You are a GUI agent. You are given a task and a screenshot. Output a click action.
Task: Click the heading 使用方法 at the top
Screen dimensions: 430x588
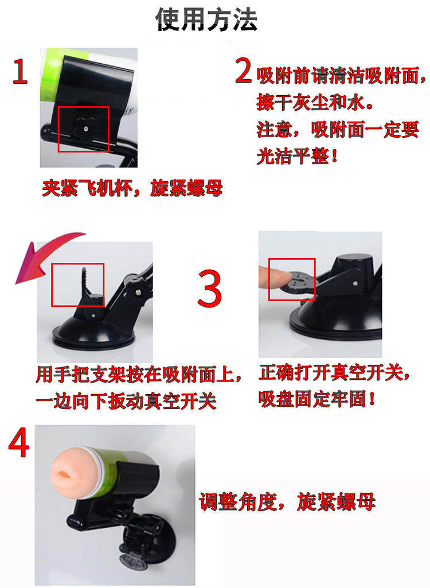tap(206, 20)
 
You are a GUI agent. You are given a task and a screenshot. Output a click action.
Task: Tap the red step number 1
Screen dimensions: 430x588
tap(20, 72)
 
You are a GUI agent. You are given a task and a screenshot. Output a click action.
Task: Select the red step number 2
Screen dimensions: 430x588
tap(244, 70)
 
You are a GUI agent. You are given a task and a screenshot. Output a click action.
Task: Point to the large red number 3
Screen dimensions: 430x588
tap(210, 288)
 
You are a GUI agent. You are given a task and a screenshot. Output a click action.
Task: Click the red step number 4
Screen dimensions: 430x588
tap(19, 442)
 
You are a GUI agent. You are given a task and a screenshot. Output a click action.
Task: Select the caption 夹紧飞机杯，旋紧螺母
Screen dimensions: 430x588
tap(132, 188)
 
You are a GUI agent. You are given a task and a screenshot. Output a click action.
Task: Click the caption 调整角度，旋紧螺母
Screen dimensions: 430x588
tap(287, 501)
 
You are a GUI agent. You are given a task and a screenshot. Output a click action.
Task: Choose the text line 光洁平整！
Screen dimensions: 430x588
tap(298, 156)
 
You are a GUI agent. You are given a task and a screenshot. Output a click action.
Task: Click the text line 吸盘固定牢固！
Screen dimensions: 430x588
tap(317, 399)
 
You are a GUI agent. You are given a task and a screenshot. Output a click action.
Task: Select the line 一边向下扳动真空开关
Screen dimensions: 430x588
tap(126, 401)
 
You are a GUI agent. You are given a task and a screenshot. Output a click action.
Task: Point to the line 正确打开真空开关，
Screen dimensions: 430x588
tap(334, 373)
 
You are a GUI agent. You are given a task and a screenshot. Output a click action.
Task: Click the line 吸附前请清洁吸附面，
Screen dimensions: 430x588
tap(341, 75)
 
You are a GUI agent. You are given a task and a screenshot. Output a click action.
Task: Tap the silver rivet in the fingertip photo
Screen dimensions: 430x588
tap(355, 283)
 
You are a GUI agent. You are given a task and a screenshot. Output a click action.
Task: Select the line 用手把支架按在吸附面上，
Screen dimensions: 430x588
tap(139, 375)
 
